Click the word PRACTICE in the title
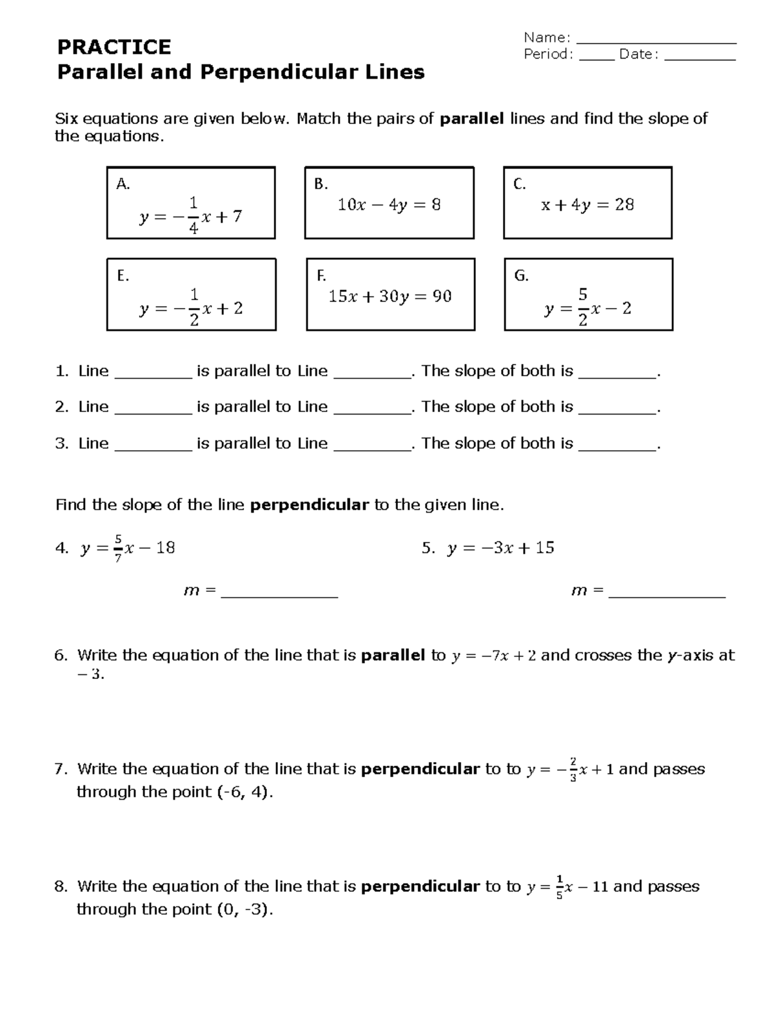coord(114,47)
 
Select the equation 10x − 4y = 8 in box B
coord(389,205)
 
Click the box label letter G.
coord(521,276)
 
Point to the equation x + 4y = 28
coord(587,205)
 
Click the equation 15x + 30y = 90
coord(389,297)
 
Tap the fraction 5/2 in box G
coord(583,308)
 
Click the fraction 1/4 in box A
coord(193,216)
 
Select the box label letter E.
coord(123,276)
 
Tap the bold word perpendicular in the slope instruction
coord(309,505)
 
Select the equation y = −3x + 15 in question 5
coord(501,548)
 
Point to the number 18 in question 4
coord(166,548)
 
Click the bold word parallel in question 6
coord(393,655)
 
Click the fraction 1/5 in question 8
coord(560,887)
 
